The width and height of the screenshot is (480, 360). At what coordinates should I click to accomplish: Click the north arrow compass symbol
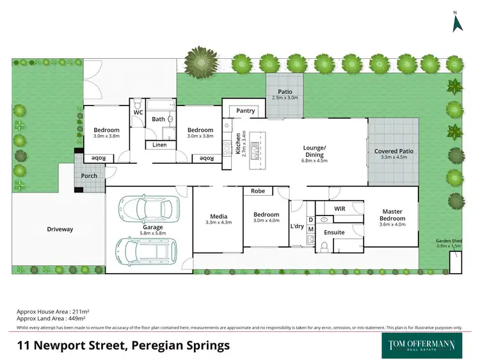click(456, 22)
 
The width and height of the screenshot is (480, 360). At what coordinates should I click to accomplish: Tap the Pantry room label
click(245, 111)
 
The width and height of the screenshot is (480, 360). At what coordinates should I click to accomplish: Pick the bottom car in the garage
click(141, 251)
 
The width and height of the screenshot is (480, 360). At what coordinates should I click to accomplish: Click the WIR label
click(340, 208)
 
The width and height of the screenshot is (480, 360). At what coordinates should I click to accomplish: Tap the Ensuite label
click(335, 232)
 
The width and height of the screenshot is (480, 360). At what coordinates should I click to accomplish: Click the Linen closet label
click(159, 145)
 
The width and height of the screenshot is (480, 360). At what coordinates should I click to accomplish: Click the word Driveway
click(60, 229)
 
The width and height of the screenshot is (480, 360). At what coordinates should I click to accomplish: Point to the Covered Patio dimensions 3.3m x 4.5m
click(394, 157)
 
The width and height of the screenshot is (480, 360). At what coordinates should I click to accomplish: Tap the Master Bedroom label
click(392, 215)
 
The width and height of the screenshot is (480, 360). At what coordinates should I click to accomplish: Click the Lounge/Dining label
click(314, 151)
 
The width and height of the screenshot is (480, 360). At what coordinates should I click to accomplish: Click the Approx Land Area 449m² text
click(51, 318)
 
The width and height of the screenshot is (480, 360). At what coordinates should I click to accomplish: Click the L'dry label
click(297, 226)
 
